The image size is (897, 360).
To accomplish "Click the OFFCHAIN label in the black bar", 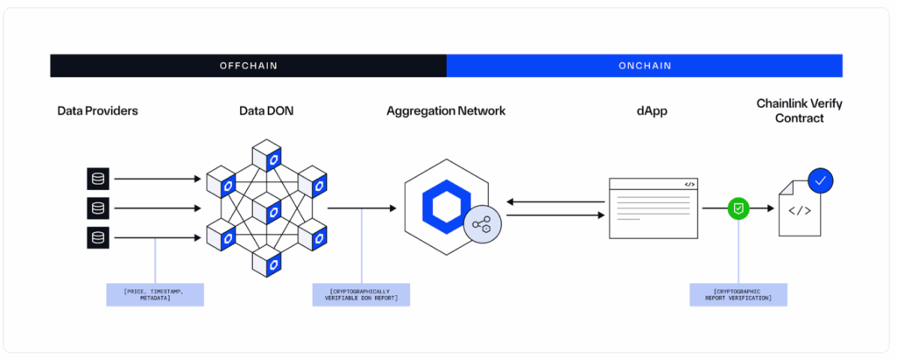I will (248, 66).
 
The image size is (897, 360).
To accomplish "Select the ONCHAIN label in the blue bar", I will (644, 66).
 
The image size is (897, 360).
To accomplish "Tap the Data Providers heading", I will (97, 111).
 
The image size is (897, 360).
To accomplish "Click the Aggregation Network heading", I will (446, 111).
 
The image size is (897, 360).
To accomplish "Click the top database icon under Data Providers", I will (98, 180).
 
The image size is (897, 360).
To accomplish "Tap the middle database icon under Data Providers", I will (98, 208).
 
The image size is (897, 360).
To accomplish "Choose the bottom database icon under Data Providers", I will (98, 236).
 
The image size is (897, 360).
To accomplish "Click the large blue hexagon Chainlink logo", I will (446, 207).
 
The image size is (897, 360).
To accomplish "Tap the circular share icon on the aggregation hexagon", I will (481, 225).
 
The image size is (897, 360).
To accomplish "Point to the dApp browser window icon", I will (653, 208).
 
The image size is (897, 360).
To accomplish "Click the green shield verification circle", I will (739, 208).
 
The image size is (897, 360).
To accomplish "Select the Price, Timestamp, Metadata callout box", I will (155, 294).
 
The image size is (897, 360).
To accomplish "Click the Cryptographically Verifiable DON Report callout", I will (361, 294).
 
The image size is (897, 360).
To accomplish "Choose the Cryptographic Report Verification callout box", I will (738, 294).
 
